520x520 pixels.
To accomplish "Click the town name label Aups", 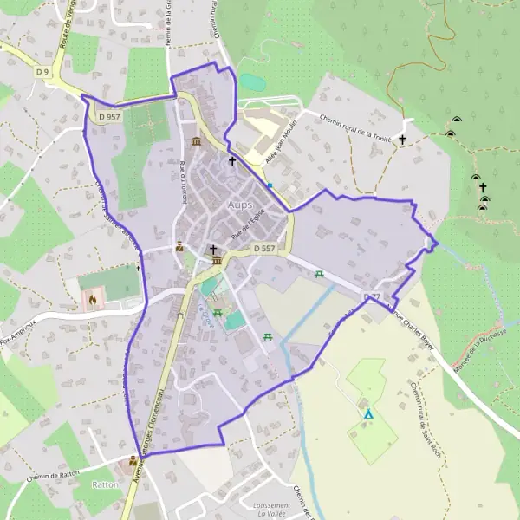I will pos(240,205).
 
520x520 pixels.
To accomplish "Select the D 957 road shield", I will pos(109,116).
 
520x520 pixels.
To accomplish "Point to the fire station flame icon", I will pos(93,300).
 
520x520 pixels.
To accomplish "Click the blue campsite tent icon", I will pos(368,414).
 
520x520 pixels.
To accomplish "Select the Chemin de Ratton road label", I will pos(53,475).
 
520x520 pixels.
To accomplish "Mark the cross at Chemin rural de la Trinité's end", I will pos(402,139).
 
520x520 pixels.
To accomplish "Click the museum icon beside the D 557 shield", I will pos(216,261).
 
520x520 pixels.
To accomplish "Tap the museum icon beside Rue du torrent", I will pos(197,141).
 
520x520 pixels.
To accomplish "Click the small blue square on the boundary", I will pos(270,185).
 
